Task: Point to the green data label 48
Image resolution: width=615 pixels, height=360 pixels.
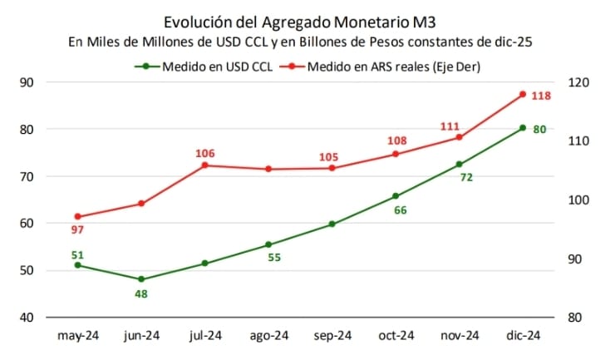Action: pos(141,294)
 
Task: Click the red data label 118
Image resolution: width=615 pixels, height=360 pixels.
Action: pos(540,96)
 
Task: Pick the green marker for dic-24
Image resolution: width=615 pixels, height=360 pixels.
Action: pos(523,128)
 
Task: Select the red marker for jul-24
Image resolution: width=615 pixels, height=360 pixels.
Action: pos(205,165)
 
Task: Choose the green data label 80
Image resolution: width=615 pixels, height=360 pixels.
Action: pos(539,129)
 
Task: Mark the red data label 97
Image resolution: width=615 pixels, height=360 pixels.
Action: pos(77,229)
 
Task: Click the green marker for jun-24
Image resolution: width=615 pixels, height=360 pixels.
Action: pos(141,279)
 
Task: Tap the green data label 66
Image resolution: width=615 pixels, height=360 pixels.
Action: pos(400,210)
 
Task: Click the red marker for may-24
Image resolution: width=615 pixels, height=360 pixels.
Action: pos(77,217)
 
